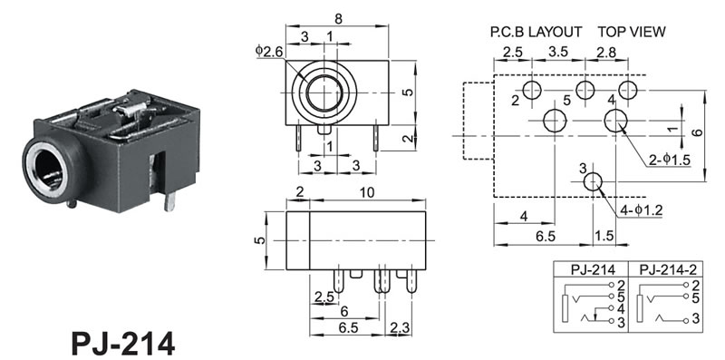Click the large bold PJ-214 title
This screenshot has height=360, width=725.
pos(123,344)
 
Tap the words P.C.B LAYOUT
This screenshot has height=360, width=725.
pos(536,32)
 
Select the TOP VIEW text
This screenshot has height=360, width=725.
pos(632,32)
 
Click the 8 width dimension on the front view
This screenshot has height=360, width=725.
pos(338,19)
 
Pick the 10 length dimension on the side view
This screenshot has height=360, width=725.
pos(367,193)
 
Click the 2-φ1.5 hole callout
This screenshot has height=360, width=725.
pos(669,160)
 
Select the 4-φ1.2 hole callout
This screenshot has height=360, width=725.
pos(642,210)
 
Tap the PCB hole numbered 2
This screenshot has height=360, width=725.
pos(532,90)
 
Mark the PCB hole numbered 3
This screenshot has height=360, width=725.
pos(593,182)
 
